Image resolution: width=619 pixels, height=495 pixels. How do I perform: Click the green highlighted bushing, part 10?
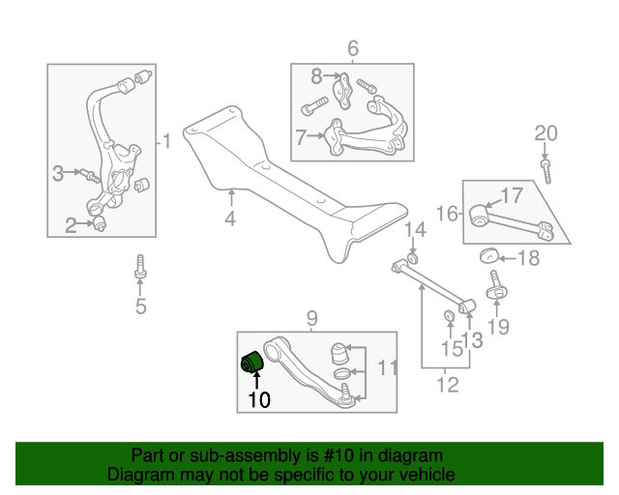252,364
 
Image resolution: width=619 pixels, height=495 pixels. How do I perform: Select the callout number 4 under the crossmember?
230,219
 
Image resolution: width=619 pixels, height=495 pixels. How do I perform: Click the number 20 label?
546,133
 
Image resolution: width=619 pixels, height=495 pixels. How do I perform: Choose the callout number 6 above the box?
352,47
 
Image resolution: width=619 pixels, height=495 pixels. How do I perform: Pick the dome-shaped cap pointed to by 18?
489,256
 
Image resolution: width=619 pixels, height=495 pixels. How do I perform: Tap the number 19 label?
497,326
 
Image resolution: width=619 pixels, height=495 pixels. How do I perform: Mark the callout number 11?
387,367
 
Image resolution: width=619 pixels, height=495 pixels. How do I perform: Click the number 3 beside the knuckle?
58,174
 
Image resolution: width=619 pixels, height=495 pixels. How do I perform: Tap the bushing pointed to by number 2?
99,225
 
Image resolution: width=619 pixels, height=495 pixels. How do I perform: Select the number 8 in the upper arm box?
316,75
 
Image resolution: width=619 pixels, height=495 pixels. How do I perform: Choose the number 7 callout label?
301,137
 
